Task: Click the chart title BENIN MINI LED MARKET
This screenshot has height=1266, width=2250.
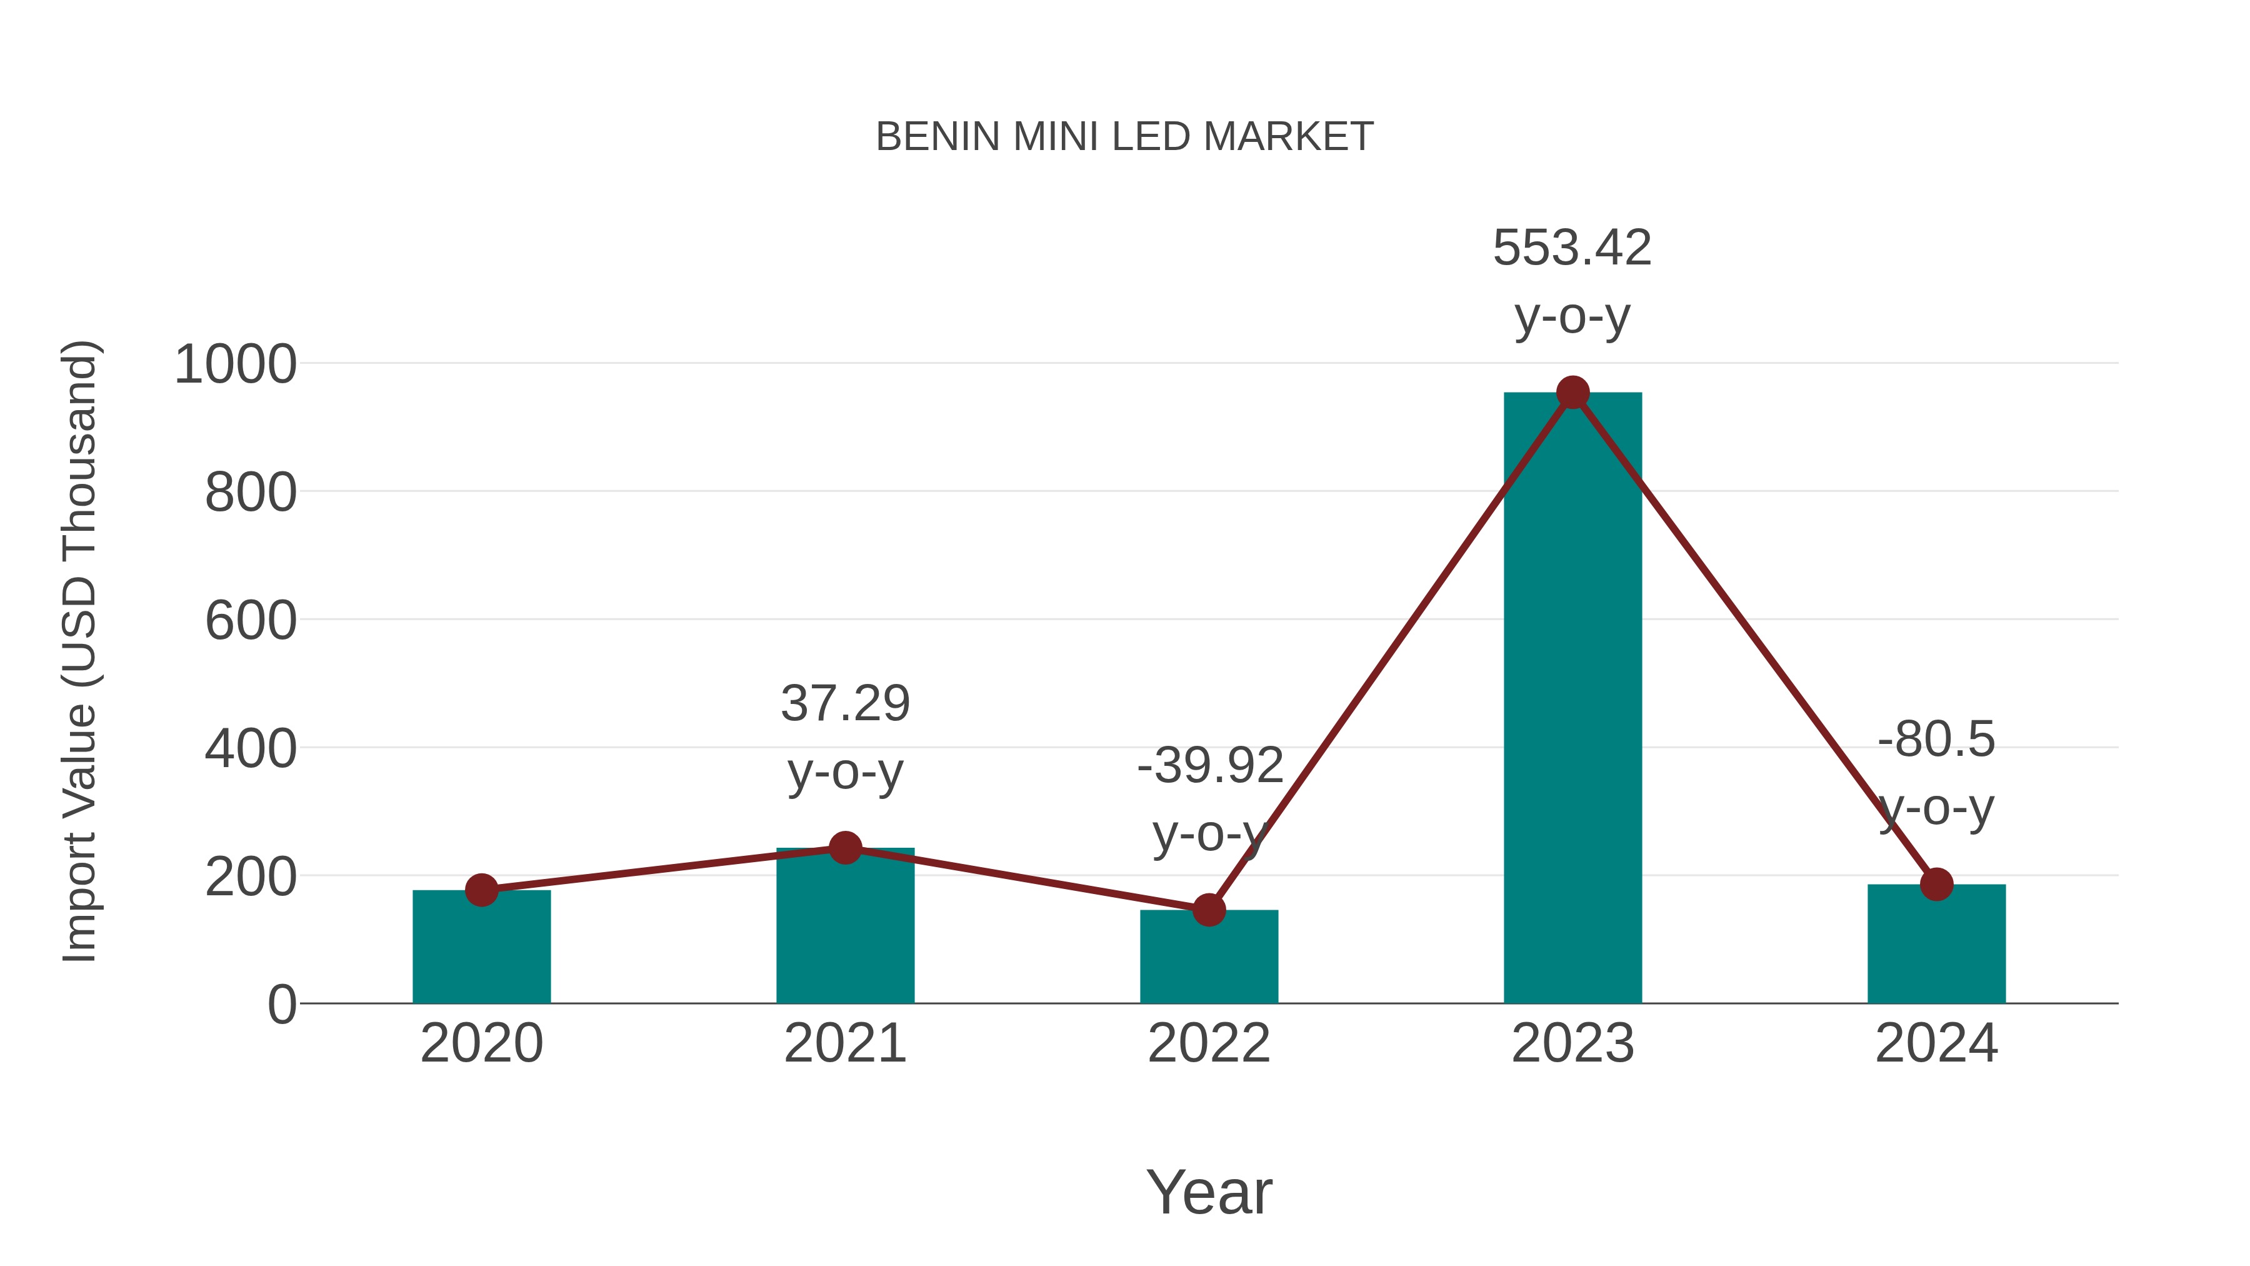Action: [x=1124, y=137]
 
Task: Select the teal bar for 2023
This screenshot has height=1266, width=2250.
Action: [x=1572, y=699]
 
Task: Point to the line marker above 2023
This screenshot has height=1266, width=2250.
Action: [x=1572, y=393]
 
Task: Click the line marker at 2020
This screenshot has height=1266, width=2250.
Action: [x=481, y=890]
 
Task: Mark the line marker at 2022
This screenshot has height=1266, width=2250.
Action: [x=1209, y=910]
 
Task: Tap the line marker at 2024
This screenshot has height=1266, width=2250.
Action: [x=1936, y=884]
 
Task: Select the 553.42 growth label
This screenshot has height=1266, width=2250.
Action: [x=1572, y=248]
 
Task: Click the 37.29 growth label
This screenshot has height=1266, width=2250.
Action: [x=844, y=703]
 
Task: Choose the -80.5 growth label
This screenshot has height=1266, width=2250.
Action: [x=1936, y=740]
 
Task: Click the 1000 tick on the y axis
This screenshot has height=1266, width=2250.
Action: [x=235, y=365]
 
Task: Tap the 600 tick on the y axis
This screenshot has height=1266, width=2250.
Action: [x=251, y=622]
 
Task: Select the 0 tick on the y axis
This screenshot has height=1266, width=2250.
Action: [x=281, y=1005]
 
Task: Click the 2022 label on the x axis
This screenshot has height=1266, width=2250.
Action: [x=1209, y=1044]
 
